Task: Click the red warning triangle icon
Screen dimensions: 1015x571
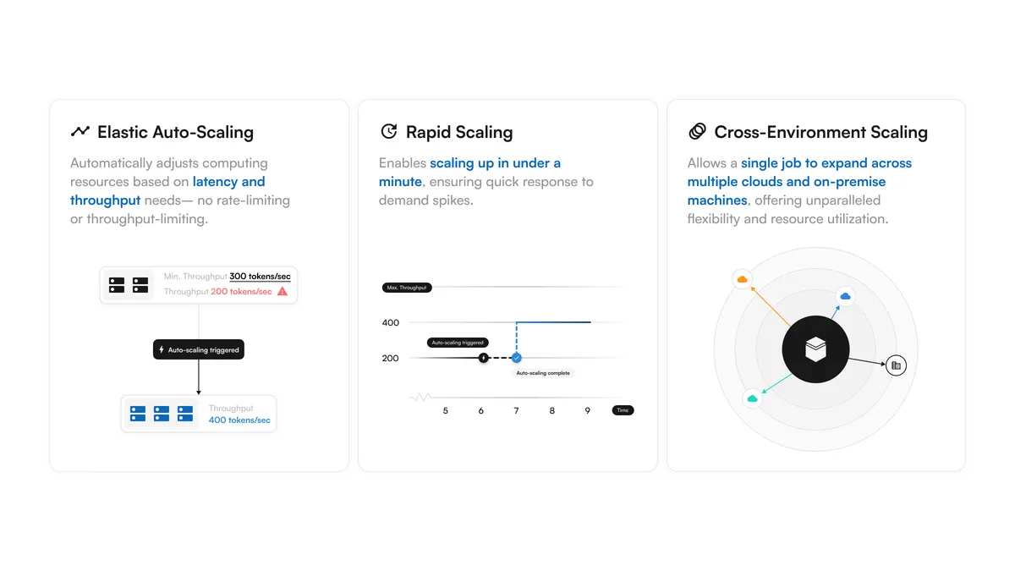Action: point(283,291)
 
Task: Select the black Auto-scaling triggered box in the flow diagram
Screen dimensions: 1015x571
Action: point(199,349)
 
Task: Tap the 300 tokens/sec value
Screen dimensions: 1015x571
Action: point(260,276)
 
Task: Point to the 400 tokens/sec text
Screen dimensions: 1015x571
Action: point(239,420)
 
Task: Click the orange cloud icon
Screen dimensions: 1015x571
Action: point(743,279)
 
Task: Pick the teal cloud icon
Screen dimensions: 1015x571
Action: point(752,398)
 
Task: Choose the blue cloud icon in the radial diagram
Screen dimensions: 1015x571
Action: point(846,296)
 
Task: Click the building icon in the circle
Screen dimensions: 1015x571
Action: point(896,365)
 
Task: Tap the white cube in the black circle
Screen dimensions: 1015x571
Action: point(815,349)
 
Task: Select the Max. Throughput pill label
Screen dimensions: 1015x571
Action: point(407,288)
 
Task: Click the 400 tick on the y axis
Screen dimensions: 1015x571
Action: point(391,322)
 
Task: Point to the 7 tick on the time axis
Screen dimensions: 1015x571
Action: point(516,410)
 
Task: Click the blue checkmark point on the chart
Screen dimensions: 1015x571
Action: point(517,358)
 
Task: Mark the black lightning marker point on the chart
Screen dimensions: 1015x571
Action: point(484,358)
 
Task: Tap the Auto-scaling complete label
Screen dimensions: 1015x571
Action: point(543,373)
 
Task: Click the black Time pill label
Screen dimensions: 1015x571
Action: point(623,410)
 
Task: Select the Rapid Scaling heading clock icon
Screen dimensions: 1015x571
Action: point(389,131)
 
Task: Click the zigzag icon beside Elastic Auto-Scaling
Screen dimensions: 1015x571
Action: point(80,131)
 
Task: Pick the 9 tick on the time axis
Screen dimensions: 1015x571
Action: point(587,410)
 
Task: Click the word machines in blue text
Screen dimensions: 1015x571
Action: point(717,200)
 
